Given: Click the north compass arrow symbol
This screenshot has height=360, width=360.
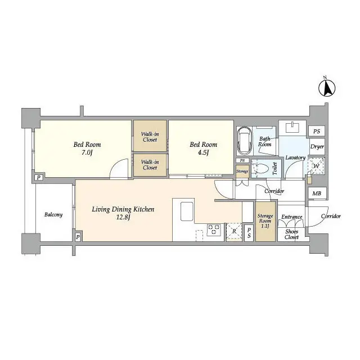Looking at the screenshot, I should click(x=327, y=88).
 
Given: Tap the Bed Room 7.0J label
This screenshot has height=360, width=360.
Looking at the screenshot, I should click(x=87, y=149).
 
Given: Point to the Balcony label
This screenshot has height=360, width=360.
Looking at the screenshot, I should click(x=53, y=215).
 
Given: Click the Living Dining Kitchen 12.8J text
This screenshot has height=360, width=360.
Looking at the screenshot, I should click(x=123, y=213).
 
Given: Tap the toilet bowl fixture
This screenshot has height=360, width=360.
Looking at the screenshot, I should click(x=260, y=168).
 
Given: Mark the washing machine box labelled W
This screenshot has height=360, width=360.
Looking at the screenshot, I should click(x=317, y=166).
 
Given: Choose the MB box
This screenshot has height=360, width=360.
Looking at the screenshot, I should click(x=317, y=194).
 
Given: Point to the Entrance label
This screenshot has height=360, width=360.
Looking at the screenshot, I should click(x=292, y=217).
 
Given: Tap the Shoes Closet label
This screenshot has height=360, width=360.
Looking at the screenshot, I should click(x=291, y=234).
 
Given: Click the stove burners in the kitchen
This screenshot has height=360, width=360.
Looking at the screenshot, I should click(x=214, y=230).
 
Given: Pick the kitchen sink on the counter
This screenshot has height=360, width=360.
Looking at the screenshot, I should click(x=187, y=213).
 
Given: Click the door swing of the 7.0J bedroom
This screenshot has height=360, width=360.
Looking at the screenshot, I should click(x=120, y=169).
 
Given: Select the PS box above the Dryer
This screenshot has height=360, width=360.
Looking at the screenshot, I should click(x=317, y=131).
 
